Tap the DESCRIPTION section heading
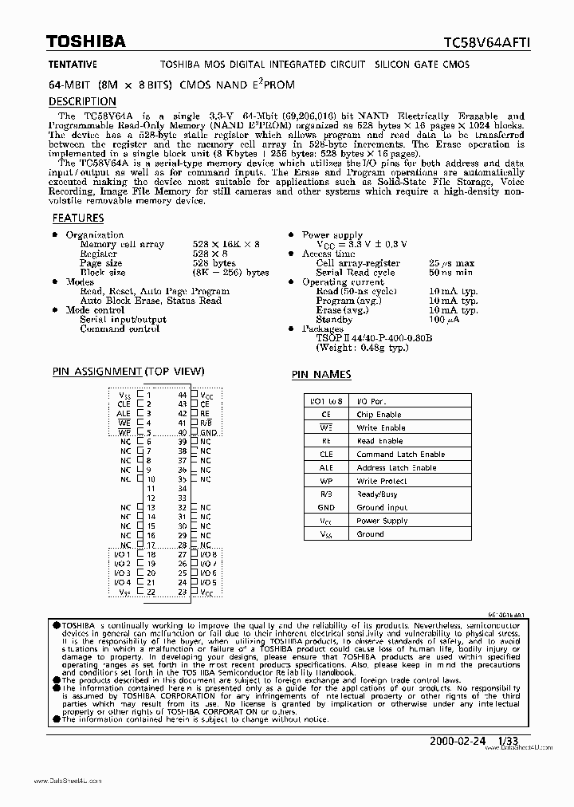pyautogui.click(x=82, y=101)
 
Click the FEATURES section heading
pyautogui.click(x=77, y=218)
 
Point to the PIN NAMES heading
pyautogui.click(x=320, y=374)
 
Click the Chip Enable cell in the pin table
pyautogui.click(x=379, y=415)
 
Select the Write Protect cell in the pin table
pyautogui.click(x=382, y=481)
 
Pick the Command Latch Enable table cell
pyautogui.click(x=400, y=455)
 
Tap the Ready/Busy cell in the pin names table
pyautogui.click(x=378, y=494)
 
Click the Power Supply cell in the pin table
pyautogui.click(x=382, y=521)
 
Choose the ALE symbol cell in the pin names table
pyautogui.click(x=325, y=468)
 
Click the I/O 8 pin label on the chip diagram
pyautogui.click(x=207, y=553)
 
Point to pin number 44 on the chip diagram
pyautogui.click(x=183, y=394)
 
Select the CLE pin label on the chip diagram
pyautogui.click(x=123, y=403)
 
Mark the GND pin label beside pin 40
pyautogui.click(x=208, y=432)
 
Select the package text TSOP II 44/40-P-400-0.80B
pyautogui.click(x=374, y=338)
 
